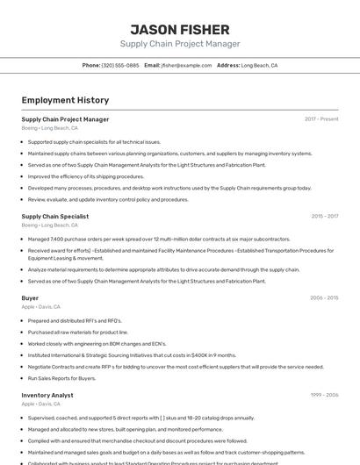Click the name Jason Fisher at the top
pos(179,29)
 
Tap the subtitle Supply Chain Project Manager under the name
pos(179,44)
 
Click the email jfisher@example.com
pos(186,65)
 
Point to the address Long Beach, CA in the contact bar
pos(259,65)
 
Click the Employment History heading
pos(65,100)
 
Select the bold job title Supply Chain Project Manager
pos(65,119)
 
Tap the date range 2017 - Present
pos(321,119)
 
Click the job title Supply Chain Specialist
pos(54,216)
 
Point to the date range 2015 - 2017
pos(324,216)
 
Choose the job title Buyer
pos(30,298)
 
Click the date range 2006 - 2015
pos(324,298)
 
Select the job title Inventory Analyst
pos(47,396)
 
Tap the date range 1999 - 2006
pos(324,396)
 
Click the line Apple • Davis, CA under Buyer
pos(40,307)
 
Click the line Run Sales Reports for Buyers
pos(61,378)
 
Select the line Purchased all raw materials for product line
pos(78,333)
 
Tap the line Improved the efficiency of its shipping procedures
pos(86,176)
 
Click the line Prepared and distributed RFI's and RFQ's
pos(75,321)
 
